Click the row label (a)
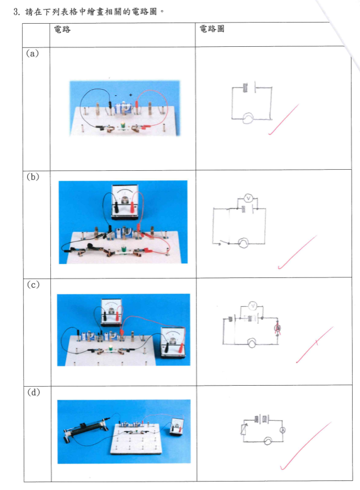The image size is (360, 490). (x=32, y=54)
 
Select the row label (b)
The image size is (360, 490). (x=33, y=177)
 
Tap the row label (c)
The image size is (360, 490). (x=33, y=284)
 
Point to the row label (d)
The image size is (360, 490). (x=33, y=392)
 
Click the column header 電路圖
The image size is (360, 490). (x=212, y=29)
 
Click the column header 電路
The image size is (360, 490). (x=62, y=29)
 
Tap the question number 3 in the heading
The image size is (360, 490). (x=16, y=12)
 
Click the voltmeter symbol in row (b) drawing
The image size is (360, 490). (x=248, y=198)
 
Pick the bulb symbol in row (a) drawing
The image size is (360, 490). (x=248, y=118)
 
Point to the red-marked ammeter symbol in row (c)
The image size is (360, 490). (x=277, y=328)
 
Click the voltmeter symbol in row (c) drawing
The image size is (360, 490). (x=252, y=306)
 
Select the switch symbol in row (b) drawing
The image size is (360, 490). (x=223, y=242)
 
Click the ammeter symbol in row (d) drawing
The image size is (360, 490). (x=283, y=430)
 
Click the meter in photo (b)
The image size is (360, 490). (x=125, y=201)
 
